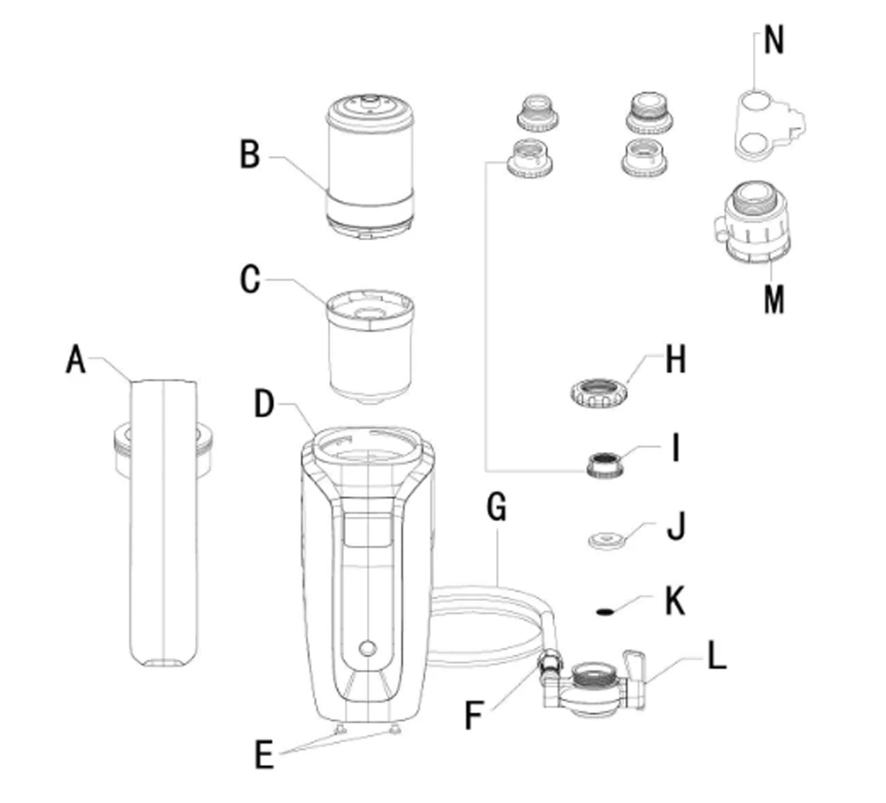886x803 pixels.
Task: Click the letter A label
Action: tap(75, 360)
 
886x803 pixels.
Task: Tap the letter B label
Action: tap(250, 153)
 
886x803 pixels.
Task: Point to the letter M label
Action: tap(773, 299)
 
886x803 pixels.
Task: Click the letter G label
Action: tap(496, 507)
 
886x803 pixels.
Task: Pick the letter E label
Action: tap(264, 754)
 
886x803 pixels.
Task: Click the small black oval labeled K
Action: tap(605, 611)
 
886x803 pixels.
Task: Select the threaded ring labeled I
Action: tap(605, 464)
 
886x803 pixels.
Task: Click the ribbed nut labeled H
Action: tap(599, 392)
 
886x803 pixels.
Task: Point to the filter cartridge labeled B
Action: tap(369, 166)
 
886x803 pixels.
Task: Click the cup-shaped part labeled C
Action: tap(370, 346)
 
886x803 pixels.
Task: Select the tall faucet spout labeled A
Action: tap(164, 523)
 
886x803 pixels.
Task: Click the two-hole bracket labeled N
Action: tap(768, 124)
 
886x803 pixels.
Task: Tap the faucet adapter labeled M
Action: tap(752, 222)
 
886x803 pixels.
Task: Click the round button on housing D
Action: tap(368, 648)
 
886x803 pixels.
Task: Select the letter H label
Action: tap(676, 360)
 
